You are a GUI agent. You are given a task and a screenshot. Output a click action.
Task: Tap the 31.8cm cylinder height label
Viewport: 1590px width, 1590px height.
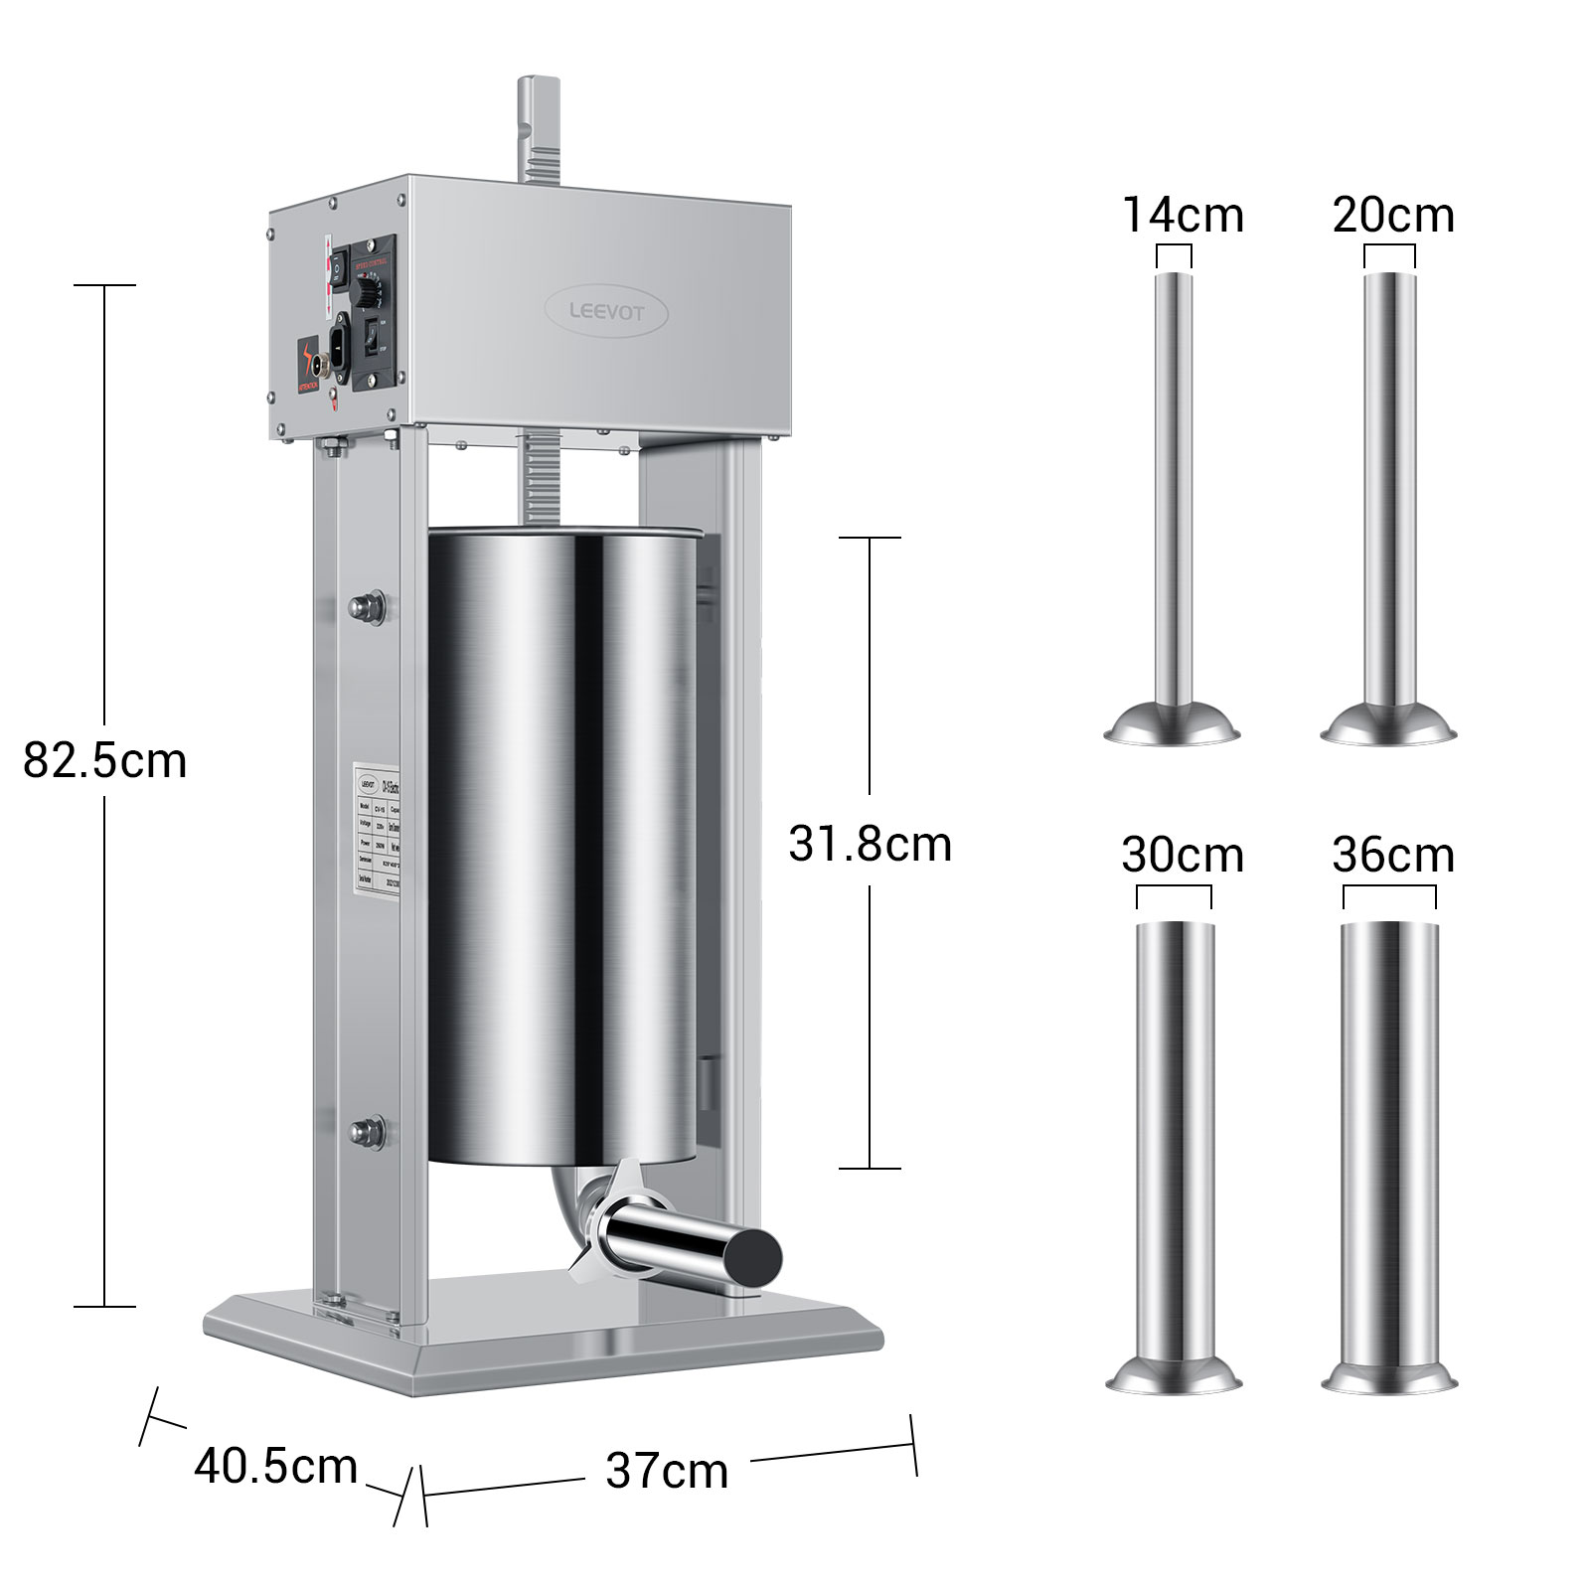point(870,844)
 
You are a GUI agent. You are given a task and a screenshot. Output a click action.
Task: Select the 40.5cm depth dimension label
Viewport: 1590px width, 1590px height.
point(275,1466)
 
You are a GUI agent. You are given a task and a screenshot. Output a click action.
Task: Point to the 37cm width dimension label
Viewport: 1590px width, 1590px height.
point(667,1471)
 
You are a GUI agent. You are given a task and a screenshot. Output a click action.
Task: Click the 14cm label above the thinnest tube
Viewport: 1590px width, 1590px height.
point(1183,215)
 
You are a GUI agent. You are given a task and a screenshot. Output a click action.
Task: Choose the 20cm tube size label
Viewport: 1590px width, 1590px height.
point(1393,215)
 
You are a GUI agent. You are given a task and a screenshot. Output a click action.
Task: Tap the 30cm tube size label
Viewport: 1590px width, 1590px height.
point(1183,855)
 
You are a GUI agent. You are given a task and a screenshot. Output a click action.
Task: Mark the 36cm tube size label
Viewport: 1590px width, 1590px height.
point(1393,855)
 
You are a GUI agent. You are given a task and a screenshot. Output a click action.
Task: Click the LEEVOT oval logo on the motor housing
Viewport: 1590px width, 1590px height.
point(606,312)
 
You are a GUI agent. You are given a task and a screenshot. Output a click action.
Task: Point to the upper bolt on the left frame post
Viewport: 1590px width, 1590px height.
point(368,605)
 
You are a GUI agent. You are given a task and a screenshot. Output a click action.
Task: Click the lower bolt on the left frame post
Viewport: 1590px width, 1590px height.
point(368,1130)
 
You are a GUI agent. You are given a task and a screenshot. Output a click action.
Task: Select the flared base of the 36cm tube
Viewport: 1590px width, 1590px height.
point(1389,1377)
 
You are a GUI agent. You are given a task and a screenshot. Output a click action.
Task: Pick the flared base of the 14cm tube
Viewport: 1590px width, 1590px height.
point(1174,723)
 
